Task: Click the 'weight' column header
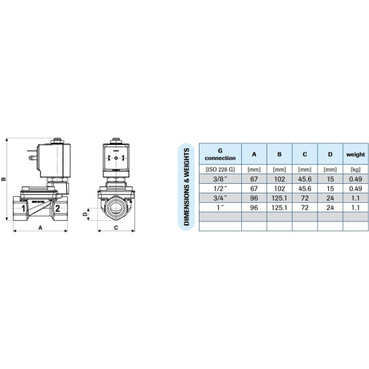pos(355,154)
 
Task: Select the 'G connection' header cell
pos(219,154)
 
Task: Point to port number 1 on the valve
pos(23,208)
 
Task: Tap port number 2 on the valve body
pos(58,208)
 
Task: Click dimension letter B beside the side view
pos(5,180)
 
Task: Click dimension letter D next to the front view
pos(86,213)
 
